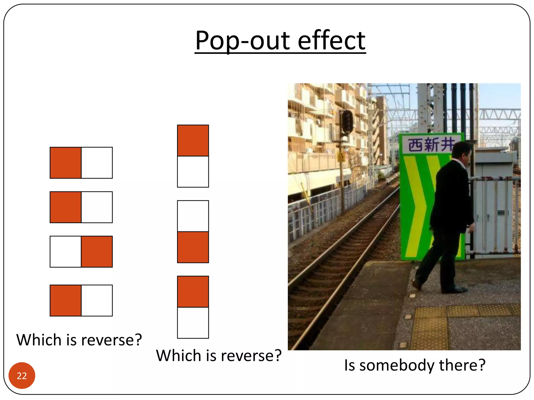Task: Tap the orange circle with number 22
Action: pyautogui.click(x=22, y=375)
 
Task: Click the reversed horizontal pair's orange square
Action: pyautogui.click(x=97, y=252)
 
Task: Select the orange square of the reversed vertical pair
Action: pyautogui.click(x=193, y=247)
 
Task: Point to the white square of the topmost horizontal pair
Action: pyautogui.click(x=97, y=163)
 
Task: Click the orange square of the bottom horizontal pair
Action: pyautogui.click(x=66, y=301)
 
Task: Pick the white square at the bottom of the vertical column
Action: pyautogui.click(x=193, y=323)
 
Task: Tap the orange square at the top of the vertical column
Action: pyautogui.click(x=193, y=141)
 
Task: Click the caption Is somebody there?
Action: pyautogui.click(x=415, y=365)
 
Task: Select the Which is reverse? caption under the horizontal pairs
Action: pyautogui.click(x=79, y=340)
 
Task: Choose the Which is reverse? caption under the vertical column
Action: pyautogui.click(x=219, y=355)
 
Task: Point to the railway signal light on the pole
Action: pyautogui.click(x=347, y=121)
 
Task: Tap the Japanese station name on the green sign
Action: pyautogui.click(x=430, y=145)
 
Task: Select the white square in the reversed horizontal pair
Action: pyautogui.click(x=66, y=252)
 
